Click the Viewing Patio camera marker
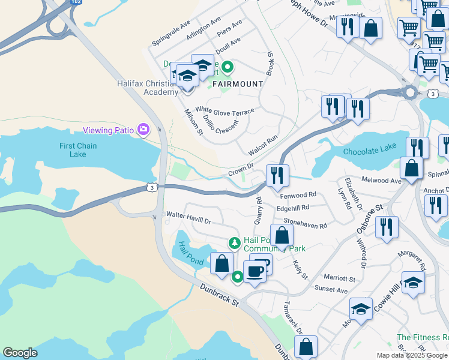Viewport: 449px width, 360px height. point(143,129)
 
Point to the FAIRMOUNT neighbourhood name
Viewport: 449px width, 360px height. point(237,83)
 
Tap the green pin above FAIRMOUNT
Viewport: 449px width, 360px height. point(227,67)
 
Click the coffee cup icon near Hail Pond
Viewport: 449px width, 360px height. point(255,271)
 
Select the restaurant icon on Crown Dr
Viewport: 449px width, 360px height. point(277,175)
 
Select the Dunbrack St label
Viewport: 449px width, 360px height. point(219,296)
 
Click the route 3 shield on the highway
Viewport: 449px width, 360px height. point(152,188)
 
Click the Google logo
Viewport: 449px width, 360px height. point(20,353)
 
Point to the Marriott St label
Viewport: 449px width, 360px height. point(339,278)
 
